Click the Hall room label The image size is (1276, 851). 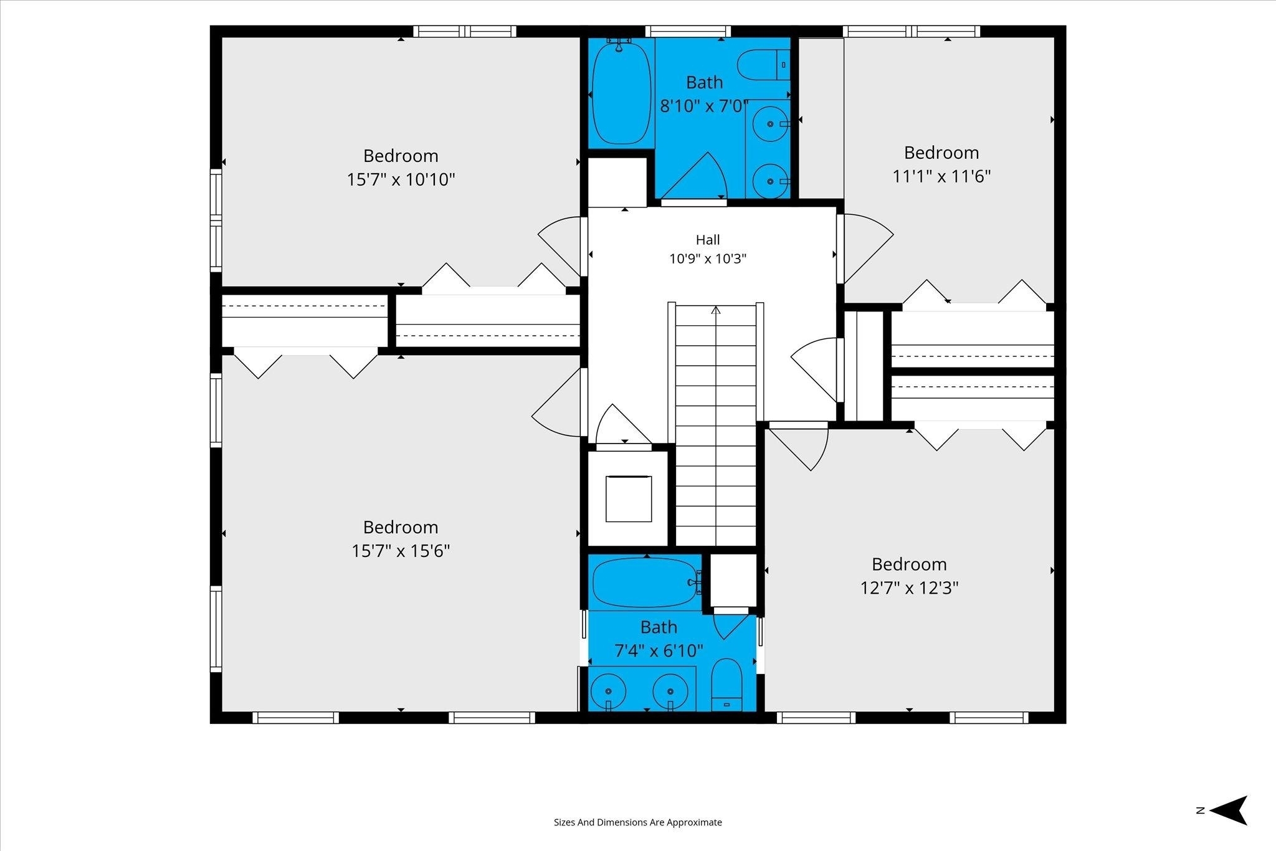pyautogui.click(x=708, y=240)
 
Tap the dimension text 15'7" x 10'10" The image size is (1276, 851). pyautogui.click(x=401, y=180)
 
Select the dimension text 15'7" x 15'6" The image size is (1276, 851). pyautogui.click(x=401, y=551)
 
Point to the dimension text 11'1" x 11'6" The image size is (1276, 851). pyautogui.click(x=941, y=177)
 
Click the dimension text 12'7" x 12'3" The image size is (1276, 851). pyautogui.click(x=909, y=588)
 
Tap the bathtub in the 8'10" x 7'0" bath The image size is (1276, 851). pyautogui.click(x=621, y=92)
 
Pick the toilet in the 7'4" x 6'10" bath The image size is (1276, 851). pyautogui.click(x=726, y=685)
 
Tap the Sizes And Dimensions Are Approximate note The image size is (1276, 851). pyautogui.click(x=638, y=822)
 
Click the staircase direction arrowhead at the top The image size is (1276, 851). pyautogui.click(x=716, y=310)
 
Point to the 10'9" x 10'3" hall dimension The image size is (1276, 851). pyautogui.click(x=708, y=259)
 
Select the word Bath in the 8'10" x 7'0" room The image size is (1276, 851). pyautogui.click(x=705, y=82)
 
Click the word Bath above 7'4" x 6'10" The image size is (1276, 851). pyautogui.click(x=659, y=627)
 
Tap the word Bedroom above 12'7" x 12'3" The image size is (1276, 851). pyautogui.click(x=909, y=564)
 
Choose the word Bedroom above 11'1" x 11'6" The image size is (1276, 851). pyautogui.click(x=941, y=153)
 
